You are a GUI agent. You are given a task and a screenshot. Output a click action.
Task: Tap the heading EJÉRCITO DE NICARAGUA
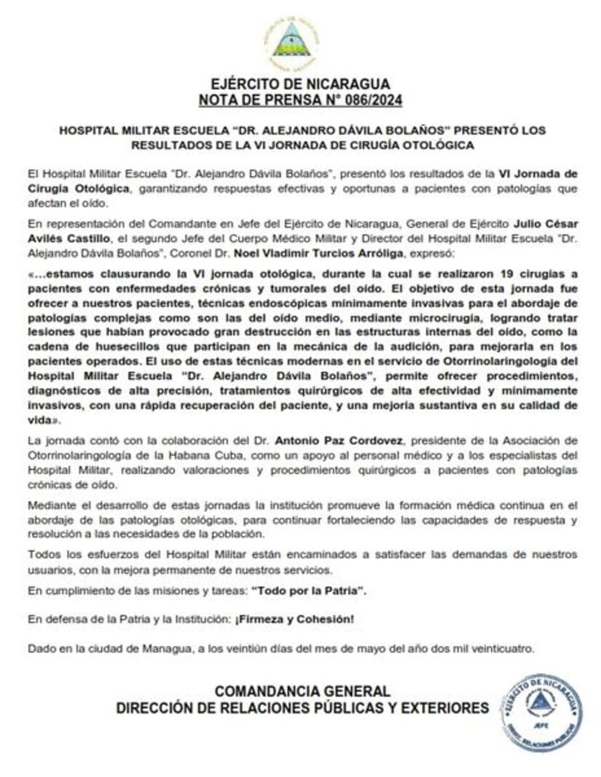click(x=301, y=84)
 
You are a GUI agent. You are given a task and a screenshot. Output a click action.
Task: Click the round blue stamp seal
click(x=541, y=711)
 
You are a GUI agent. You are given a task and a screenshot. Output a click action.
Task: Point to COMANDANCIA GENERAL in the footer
click(x=302, y=691)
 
